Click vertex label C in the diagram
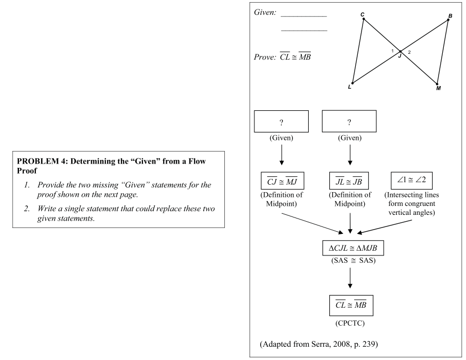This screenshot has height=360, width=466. pos(363,14)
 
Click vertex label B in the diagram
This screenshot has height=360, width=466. pos(450,16)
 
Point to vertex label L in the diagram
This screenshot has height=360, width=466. pos(349,87)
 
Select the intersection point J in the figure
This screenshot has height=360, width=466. pos(401,52)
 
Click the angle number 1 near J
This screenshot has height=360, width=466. pos(393,51)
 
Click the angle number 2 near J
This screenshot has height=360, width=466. pos(409,52)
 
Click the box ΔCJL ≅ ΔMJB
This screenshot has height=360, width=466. pos(351,248)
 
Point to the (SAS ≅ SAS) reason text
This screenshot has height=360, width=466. pos(351,261)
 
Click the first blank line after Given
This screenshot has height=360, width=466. pos(304,16)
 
